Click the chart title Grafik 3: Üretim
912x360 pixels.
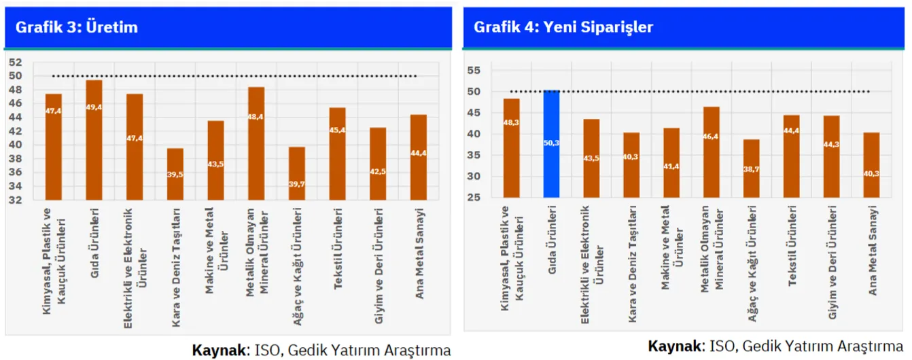coord(77,27)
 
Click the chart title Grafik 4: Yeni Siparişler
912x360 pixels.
coord(563,27)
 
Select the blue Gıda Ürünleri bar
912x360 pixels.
coord(552,143)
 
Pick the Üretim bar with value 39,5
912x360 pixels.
coord(175,174)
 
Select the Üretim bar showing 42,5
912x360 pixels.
coord(378,164)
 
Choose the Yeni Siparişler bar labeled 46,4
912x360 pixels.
coord(711,152)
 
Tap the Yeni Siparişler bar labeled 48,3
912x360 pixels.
coord(512,148)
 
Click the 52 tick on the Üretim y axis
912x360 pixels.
coord(15,62)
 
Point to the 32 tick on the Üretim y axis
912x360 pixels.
coord(15,200)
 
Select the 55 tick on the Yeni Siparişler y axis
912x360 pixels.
coord(474,70)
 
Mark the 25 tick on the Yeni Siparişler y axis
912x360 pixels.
coord(474,198)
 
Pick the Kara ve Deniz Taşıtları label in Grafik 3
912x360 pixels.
coord(175,268)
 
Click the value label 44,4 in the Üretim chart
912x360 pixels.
coord(419,154)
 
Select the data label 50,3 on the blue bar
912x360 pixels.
coord(552,143)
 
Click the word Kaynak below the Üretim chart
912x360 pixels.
coord(219,350)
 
